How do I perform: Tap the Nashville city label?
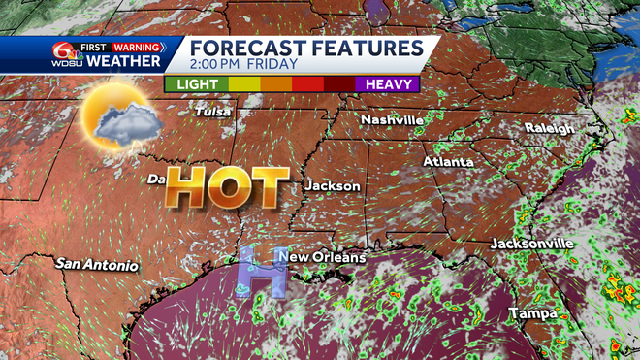(392, 119)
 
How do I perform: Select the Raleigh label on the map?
(550, 128)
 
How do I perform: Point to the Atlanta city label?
(448, 161)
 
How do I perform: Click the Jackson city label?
(333, 185)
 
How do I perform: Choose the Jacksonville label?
(532, 243)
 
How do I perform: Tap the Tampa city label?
(534, 313)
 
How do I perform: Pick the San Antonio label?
(97, 264)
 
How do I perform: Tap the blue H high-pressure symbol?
(258, 271)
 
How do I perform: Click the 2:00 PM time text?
(216, 67)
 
